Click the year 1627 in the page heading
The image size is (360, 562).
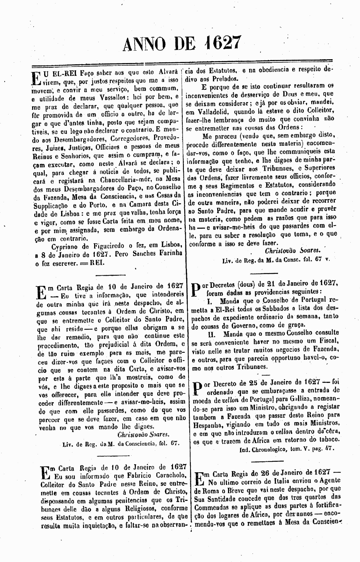click(x=222, y=43)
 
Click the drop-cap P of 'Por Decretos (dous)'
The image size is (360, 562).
click(x=197, y=288)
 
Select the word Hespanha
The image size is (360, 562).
click(x=209, y=424)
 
